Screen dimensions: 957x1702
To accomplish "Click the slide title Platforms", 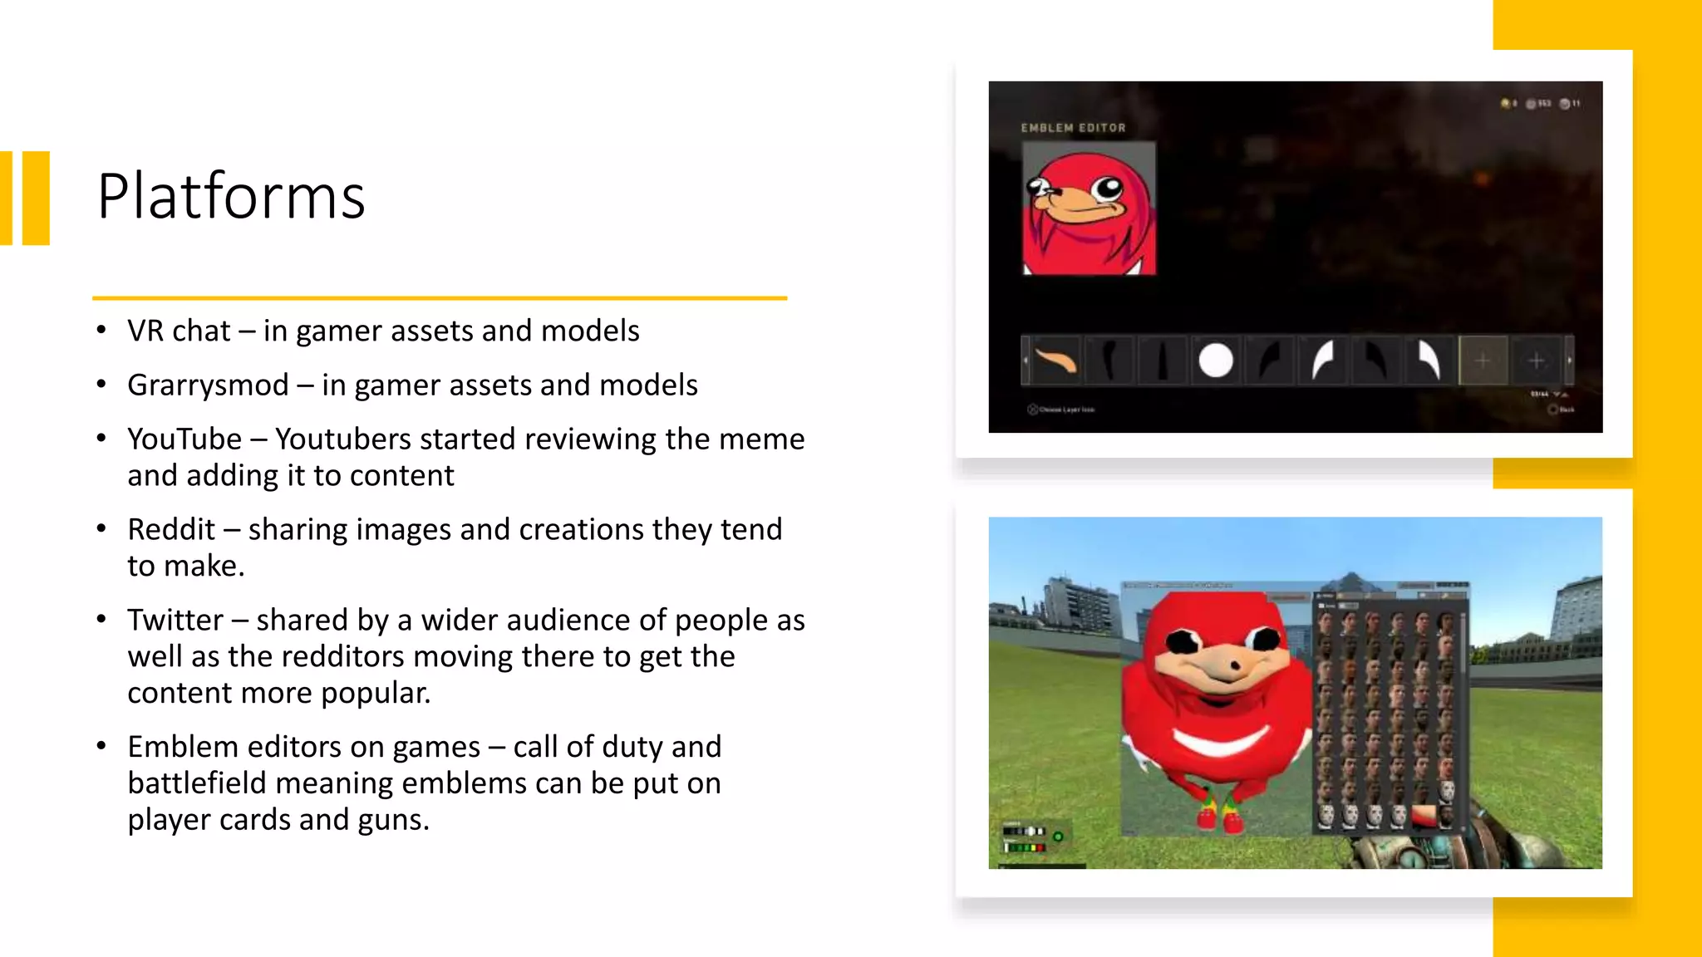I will (x=231, y=197).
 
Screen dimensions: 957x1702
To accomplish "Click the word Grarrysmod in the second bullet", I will (x=208, y=385).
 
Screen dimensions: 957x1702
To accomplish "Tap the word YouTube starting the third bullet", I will (x=184, y=439).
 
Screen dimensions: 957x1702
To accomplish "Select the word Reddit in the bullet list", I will (x=171, y=530).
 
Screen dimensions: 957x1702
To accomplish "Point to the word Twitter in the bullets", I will (x=175, y=621).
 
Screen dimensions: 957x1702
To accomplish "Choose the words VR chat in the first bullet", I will (x=179, y=331).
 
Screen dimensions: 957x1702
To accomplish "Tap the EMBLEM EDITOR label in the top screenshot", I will (x=1073, y=128).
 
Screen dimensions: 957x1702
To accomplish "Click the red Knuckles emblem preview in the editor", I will (x=1089, y=209).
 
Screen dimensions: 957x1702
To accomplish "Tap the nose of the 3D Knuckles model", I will (x=1233, y=665).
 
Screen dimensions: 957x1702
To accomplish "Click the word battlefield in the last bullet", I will (x=197, y=784).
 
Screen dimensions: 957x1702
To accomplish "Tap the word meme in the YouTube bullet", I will (x=761, y=439).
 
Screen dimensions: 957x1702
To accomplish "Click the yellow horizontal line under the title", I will (x=439, y=297).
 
